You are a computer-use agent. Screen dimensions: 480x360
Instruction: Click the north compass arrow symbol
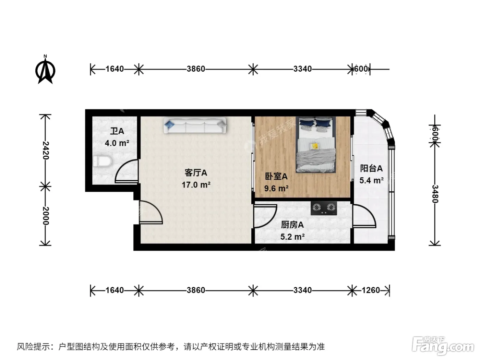[x=45, y=70]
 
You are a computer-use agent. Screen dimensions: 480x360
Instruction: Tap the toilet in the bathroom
[x=102, y=161]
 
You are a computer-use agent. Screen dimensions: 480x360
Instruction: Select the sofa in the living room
[x=195, y=125]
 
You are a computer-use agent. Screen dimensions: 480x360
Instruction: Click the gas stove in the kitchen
[x=324, y=208]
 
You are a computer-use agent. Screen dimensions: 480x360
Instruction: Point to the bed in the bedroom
[x=315, y=144]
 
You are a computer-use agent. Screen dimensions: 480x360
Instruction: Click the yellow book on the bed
[x=314, y=146]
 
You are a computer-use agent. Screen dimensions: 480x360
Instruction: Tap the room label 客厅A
[x=196, y=173]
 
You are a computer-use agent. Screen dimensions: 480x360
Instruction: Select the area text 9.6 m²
[x=276, y=188]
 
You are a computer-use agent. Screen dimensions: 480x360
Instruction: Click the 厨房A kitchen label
[x=292, y=225]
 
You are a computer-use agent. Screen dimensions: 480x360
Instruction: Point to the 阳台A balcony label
[x=371, y=169]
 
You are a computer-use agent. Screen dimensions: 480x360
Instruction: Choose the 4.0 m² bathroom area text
[x=117, y=143]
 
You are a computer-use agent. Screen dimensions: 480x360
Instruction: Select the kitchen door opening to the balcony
[x=364, y=216]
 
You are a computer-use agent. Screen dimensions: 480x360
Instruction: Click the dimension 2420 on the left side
[x=46, y=151]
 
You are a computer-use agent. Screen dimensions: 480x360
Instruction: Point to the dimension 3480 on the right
[x=435, y=194]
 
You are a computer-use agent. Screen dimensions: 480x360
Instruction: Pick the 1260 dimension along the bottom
[x=371, y=290]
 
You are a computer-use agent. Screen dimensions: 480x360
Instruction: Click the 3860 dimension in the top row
[x=196, y=69]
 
